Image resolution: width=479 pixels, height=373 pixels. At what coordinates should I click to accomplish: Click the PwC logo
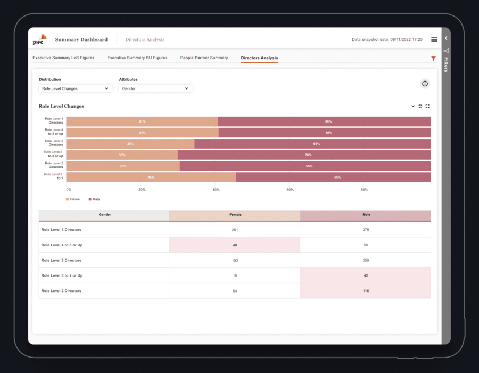coord(39,39)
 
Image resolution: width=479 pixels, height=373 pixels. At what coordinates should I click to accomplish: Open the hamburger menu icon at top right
coord(434,39)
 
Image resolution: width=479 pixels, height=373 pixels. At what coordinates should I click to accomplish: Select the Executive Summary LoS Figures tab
coord(63,58)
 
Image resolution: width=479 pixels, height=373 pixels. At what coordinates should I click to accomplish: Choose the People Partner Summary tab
coord(204,58)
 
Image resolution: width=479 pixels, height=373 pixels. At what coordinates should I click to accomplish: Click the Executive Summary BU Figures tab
coord(137,58)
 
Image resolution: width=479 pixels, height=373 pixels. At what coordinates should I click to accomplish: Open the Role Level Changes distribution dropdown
coord(76,88)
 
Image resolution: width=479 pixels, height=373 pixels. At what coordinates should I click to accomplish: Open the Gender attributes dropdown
coord(155,88)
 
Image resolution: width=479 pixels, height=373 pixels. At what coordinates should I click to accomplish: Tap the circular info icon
coord(425,84)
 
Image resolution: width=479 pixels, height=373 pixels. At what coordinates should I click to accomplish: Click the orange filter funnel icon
coord(433,59)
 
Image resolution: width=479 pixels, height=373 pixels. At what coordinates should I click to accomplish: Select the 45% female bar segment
coord(151,177)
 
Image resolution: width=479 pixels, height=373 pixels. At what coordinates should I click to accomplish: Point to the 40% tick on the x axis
coord(216,190)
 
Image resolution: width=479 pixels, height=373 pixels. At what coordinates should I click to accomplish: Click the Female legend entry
coord(73,199)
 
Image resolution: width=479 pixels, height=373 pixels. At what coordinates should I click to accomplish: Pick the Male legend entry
coord(94,199)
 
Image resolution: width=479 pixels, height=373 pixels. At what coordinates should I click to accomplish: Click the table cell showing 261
coord(235,230)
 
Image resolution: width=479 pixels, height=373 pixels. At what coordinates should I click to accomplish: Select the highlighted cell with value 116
coord(366,291)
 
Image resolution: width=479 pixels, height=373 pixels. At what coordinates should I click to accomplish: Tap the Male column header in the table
coord(366,215)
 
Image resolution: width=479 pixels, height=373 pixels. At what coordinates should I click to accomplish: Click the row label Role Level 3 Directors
coord(61,260)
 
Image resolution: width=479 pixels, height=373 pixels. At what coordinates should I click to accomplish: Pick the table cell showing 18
coord(235,275)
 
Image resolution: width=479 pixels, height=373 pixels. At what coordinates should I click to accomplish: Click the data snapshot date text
coord(387,39)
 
